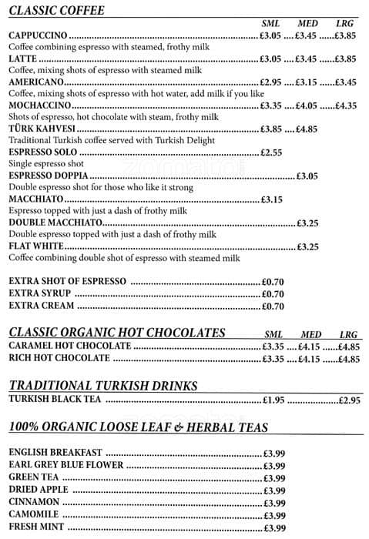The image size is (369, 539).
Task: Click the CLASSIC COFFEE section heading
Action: tap(57, 11)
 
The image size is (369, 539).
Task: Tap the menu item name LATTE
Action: tap(23, 59)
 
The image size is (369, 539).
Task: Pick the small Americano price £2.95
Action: tap(270, 82)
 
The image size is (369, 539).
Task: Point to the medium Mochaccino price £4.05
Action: tap(306, 106)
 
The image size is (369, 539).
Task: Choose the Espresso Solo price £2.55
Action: tap(270, 152)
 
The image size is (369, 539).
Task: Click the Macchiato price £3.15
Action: tap(272, 199)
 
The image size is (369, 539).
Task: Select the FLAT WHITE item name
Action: tap(35, 246)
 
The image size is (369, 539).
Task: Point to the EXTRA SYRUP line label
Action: tap(40, 293)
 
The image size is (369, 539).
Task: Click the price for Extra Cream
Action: tap(273, 306)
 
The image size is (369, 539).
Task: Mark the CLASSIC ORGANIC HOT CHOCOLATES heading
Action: tap(117, 333)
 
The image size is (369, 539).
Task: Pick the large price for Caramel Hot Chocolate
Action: tap(348, 347)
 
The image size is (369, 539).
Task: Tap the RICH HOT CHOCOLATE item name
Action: tap(59, 359)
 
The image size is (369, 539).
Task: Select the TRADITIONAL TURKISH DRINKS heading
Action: tap(103, 386)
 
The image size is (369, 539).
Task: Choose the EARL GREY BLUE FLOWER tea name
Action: tap(55, 465)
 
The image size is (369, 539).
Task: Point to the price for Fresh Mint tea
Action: tap(274, 528)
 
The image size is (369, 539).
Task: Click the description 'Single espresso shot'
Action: tap(45, 164)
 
